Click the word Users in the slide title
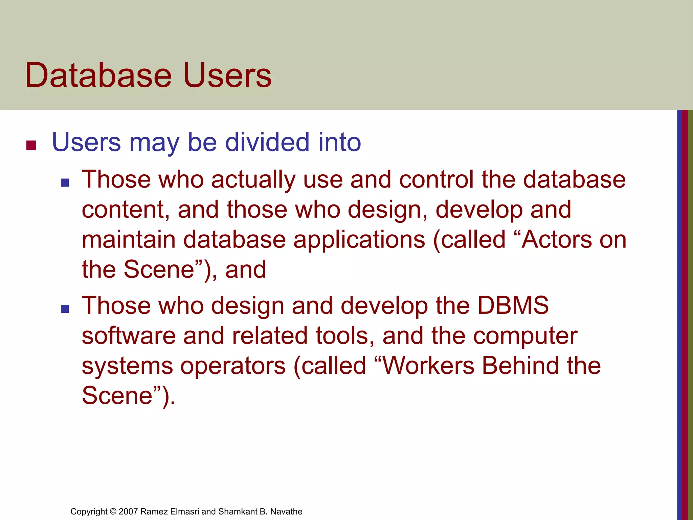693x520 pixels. click(x=227, y=75)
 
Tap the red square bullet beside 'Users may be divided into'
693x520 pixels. click(x=31, y=145)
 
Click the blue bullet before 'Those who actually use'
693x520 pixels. click(x=65, y=183)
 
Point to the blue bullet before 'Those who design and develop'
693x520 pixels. click(x=65, y=308)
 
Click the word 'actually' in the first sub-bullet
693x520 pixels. click(x=253, y=179)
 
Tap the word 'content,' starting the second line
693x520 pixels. click(x=126, y=210)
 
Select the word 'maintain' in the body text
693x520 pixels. click(x=129, y=240)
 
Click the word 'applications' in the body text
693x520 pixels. click(x=359, y=240)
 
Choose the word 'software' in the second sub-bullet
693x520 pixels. click(x=129, y=336)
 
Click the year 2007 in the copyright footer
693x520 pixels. click(x=128, y=512)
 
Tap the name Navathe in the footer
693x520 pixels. click(x=286, y=512)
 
